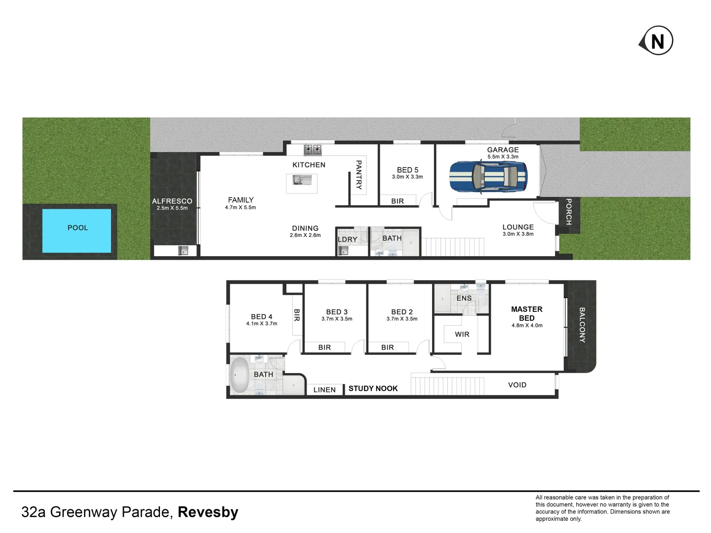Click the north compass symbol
coord(657,41)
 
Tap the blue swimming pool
coord(77,230)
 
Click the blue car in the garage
coord(488,177)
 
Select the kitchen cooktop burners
coord(313,149)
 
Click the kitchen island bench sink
coord(299,180)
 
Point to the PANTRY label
coord(359,175)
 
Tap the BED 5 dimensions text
coord(407,177)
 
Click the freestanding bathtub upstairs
coord(240,375)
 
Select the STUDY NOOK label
coord(373,388)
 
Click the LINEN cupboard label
coord(324,390)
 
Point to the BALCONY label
coord(582,325)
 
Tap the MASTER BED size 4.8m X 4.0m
coord(527,325)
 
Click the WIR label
coord(462,334)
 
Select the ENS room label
coord(464,298)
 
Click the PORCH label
coord(568,212)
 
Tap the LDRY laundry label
coord(347,239)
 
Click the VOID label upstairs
coord(517,385)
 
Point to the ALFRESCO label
coord(172,201)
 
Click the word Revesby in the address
coord(208,512)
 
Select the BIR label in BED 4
coord(297,315)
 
